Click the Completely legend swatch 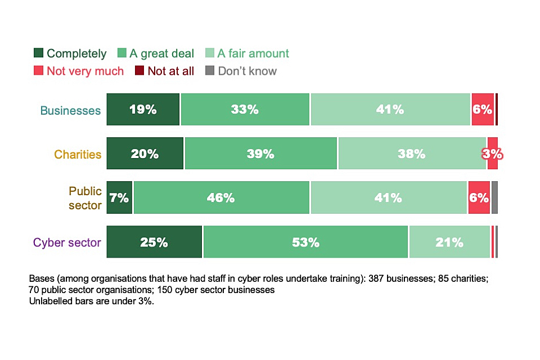coord(39,53)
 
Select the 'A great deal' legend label coord(161,53)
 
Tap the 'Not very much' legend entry coord(85,71)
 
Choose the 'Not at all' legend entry coord(170,71)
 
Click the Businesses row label coord(70,110)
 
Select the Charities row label coord(78,154)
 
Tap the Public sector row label coord(85,198)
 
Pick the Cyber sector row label coord(67,242)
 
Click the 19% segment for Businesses coord(143,110)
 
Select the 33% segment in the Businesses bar coord(245,110)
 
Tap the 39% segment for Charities coord(260,154)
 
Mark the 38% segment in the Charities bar coord(412,154)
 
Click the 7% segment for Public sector coord(119,198)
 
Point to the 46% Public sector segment coord(221,198)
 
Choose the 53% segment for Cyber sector coord(305,242)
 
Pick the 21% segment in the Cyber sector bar coord(449,242)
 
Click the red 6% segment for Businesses coord(483,110)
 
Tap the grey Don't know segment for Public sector coord(494,198)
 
